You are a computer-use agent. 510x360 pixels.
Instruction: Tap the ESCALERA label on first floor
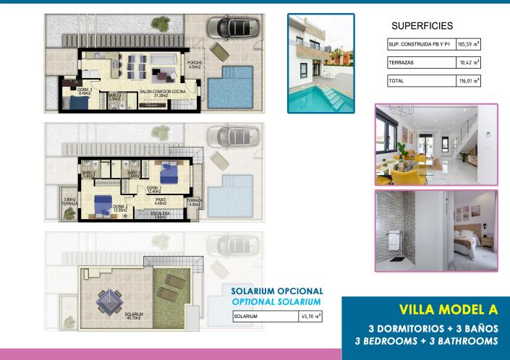coord(160,215)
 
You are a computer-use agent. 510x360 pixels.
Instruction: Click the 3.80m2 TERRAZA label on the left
coord(70,202)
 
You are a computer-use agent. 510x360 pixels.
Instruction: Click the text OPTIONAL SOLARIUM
coord(276,301)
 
